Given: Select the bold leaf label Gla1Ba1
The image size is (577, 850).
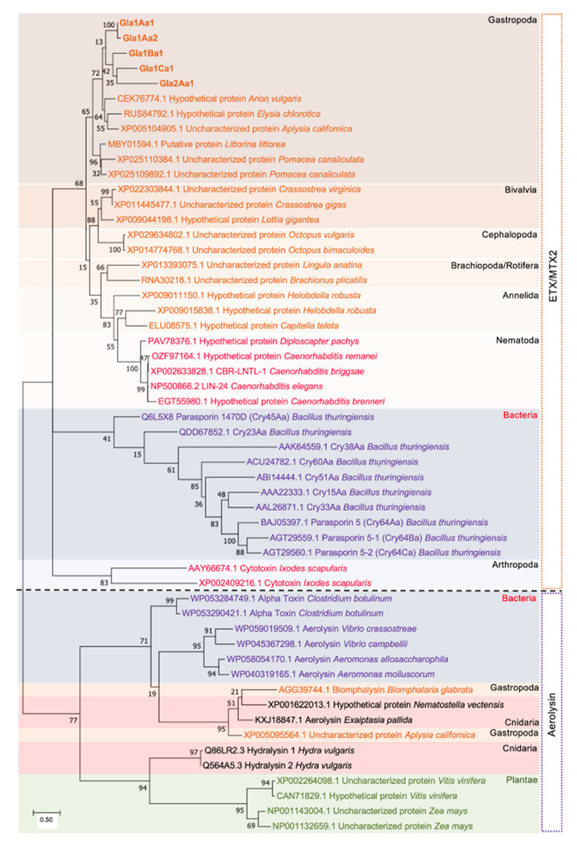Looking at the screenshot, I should point(145,53).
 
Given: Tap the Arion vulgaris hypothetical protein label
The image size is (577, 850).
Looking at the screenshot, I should point(209,99).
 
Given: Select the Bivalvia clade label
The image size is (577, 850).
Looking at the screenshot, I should point(520,190).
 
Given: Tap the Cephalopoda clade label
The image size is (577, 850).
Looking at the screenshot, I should point(509,235).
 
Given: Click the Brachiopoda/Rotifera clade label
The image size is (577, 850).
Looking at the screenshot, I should point(494,266).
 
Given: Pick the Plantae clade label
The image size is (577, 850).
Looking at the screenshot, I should point(522,780).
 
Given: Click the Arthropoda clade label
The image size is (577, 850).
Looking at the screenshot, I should point(514,565).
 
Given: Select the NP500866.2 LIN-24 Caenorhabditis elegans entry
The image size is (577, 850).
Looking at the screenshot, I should point(237,386).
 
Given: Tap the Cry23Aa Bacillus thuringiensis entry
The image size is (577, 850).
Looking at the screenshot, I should point(265,432).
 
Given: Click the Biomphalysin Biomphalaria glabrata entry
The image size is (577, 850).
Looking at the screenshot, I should point(375,690).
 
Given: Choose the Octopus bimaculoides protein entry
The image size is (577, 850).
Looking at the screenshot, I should point(251,250).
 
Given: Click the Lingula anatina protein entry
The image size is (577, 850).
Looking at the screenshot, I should point(252,265).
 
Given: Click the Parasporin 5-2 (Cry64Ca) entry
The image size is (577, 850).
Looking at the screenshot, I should point(381,552).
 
